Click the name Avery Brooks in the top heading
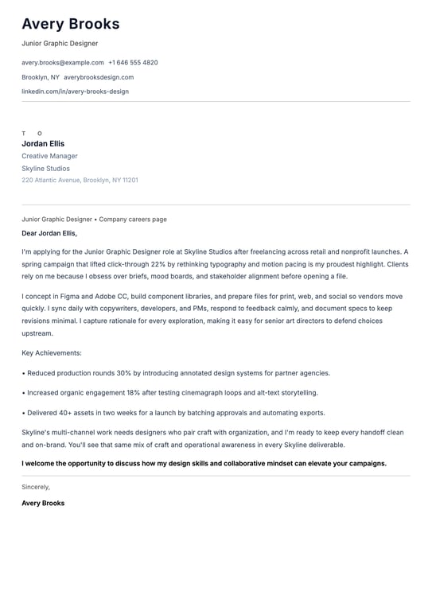click(71, 24)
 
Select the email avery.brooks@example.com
click(63, 62)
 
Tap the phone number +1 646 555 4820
click(133, 62)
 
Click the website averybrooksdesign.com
click(99, 77)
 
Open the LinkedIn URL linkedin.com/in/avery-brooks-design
click(75, 91)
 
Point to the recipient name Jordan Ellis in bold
click(43, 144)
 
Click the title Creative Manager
click(49, 156)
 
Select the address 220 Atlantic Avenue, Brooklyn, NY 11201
click(80, 180)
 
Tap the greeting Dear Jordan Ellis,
click(49, 233)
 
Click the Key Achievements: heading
click(52, 352)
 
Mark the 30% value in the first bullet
click(123, 373)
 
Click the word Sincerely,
click(36, 487)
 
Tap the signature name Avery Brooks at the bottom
click(43, 503)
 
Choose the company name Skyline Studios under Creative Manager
click(45, 169)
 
